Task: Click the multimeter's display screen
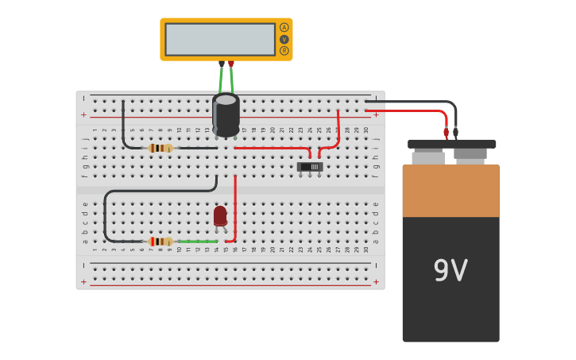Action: point(220,39)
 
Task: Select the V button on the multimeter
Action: point(284,39)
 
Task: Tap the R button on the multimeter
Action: point(284,50)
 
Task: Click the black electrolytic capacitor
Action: point(226,114)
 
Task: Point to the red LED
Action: point(220,215)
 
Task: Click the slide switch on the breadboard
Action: point(311,167)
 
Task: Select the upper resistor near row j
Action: point(160,148)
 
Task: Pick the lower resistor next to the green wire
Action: point(160,241)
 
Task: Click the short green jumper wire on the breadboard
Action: point(197,241)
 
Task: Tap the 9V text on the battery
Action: point(450,271)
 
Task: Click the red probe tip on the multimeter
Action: point(231,64)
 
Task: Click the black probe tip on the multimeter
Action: point(222,64)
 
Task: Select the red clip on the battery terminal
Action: point(446,133)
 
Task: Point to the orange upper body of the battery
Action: point(450,191)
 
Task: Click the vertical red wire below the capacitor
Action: point(235,207)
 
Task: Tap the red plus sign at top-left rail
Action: point(83,114)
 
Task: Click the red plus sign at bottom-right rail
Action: point(376,281)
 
